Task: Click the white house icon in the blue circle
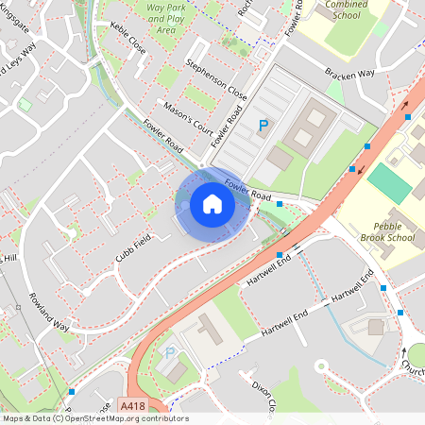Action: (212, 204)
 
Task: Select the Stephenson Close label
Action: (215, 81)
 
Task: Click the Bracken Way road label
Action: (349, 73)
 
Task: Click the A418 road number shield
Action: (133, 406)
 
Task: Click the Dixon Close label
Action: (262, 397)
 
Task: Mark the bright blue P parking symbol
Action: (263, 125)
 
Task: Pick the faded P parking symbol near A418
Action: (170, 353)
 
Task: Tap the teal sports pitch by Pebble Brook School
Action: (390, 182)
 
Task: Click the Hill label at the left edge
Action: (9, 258)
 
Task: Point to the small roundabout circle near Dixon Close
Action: (320, 365)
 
